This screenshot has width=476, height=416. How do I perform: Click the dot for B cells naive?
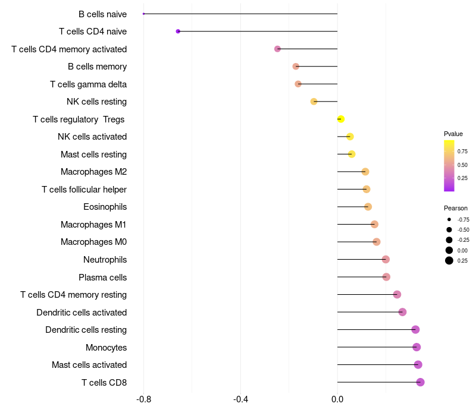click(x=143, y=14)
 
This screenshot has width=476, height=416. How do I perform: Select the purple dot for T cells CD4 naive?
click(x=178, y=31)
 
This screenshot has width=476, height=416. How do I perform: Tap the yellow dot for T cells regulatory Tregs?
click(x=341, y=119)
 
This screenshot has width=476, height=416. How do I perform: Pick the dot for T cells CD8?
click(x=421, y=382)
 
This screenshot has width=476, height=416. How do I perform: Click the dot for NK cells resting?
click(x=314, y=102)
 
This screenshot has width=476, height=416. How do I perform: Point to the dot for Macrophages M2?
click(x=365, y=172)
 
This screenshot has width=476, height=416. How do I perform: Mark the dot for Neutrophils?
click(x=386, y=260)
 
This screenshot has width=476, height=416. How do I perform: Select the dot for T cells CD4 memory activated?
click(x=277, y=49)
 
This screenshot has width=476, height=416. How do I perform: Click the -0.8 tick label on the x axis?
click(x=143, y=399)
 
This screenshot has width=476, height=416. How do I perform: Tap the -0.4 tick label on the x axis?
click(x=240, y=399)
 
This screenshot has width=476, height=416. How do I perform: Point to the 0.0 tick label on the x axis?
click(x=337, y=399)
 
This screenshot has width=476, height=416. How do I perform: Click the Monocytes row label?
click(x=107, y=348)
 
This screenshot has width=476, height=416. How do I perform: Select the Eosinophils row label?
click(x=105, y=207)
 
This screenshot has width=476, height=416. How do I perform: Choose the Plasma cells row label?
click(x=102, y=278)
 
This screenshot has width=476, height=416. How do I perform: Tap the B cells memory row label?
click(x=97, y=67)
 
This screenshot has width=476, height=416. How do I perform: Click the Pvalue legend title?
click(x=453, y=134)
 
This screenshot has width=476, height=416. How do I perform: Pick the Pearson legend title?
click(x=456, y=209)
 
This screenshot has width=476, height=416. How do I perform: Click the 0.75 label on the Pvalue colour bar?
click(x=462, y=152)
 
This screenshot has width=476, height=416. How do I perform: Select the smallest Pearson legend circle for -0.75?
click(x=449, y=219)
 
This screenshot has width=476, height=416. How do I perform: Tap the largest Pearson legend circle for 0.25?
click(x=449, y=261)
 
